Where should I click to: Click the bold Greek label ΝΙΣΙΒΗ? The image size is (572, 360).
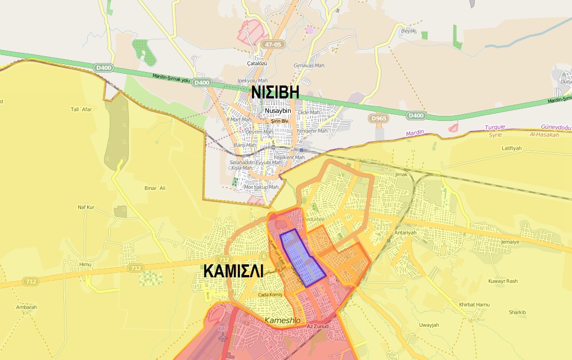coord(274,93)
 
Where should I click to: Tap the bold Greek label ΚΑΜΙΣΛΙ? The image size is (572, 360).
coord(233,271)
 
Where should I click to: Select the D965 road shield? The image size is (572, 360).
coord(380,119)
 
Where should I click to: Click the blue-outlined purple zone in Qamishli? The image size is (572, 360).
coord(303,258)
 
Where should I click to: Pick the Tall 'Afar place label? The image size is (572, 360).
coord(81,109)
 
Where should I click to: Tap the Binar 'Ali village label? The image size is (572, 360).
coord(156,188)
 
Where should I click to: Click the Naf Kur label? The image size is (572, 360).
coord(86,208)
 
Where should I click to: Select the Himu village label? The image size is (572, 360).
coord(85,264)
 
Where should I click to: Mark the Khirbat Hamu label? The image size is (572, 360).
coord(474,304)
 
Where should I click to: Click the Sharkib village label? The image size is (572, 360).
coord(517,312)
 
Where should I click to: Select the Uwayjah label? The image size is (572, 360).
coord(429,325)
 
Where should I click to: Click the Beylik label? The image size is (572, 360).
coord(407,31)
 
